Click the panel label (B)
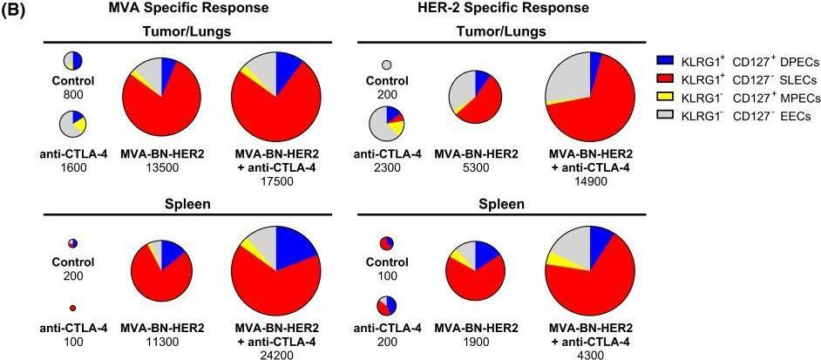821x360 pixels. point(13,11)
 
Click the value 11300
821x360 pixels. point(162,341)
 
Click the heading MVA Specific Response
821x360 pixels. point(187,9)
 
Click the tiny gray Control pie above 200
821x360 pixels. point(387,65)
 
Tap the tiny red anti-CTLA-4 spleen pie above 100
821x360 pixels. point(73,308)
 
